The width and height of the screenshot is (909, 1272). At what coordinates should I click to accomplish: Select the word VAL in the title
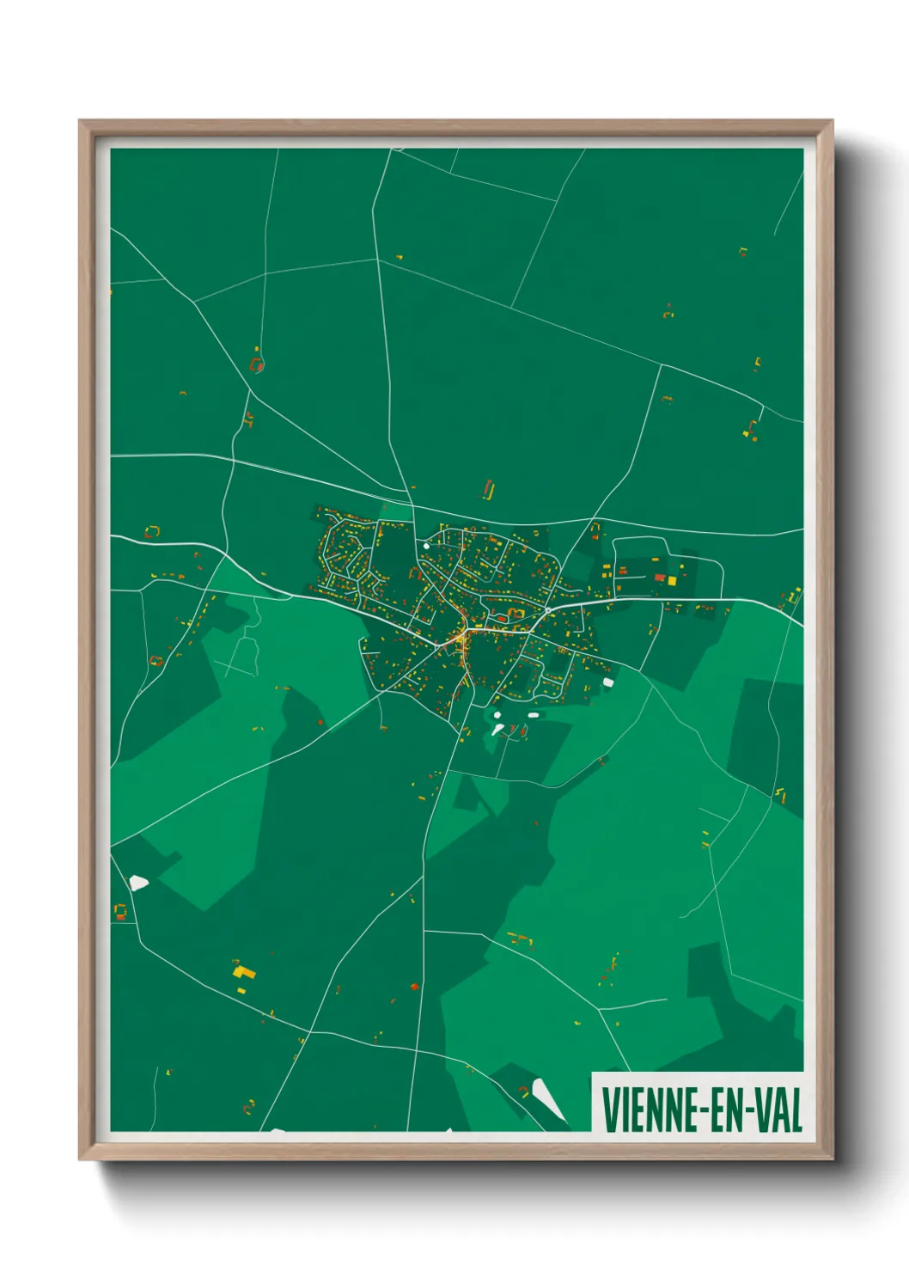[x=778, y=1110]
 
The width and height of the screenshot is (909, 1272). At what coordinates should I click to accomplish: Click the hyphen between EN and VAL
[x=749, y=1111]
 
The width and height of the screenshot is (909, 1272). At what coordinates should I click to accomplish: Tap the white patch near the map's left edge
[x=138, y=882]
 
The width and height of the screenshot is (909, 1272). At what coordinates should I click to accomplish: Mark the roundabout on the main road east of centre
[x=547, y=610]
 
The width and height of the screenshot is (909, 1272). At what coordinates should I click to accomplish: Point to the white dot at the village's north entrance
[x=426, y=545]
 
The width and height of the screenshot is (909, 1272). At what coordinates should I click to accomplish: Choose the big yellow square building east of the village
[x=671, y=581]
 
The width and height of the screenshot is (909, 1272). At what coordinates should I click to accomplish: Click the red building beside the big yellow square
[x=659, y=578]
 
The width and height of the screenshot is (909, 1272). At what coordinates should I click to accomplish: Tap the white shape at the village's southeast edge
[x=608, y=682]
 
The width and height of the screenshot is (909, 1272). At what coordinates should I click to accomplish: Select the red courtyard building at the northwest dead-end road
[x=256, y=364]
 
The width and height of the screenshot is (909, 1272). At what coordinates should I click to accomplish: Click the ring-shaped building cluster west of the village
[x=153, y=533]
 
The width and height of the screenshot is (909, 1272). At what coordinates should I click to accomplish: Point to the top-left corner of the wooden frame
[x=81, y=122]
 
